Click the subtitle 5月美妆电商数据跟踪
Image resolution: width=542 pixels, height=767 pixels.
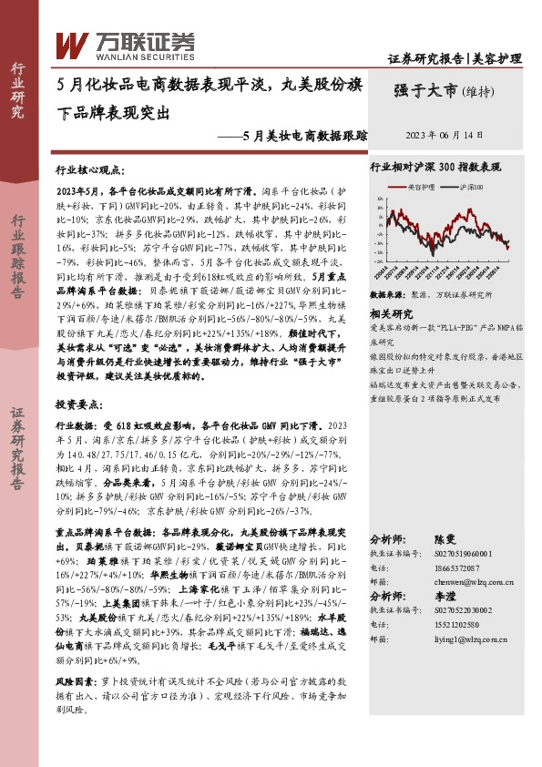(x=306, y=136)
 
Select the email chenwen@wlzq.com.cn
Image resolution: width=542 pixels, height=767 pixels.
(x=452, y=580)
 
